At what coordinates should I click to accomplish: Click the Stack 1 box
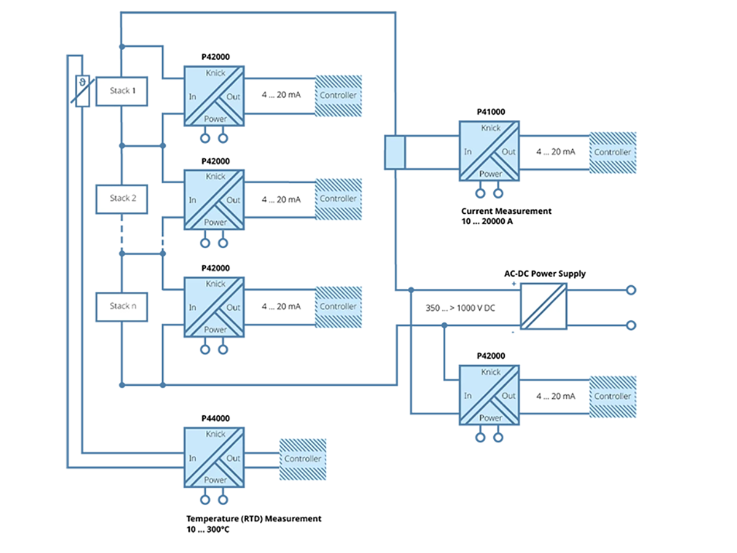pyautogui.click(x=121, y=91)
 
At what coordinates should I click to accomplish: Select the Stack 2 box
pyautogui.click(x=121, y=198)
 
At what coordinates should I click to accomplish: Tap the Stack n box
pyautogui.click(x=121, y=306)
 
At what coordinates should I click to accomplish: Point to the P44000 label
pyautogui.click(x=216, y=418)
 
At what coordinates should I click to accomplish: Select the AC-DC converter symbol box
pyautogui.click(x=544, y=307)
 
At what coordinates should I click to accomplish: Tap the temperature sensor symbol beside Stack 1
pyautogui.click(x=82, y=91)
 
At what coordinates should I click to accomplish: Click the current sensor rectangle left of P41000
pyautogui.click(x=394, y=152)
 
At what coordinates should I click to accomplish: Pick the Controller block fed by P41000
pyautogui.click(x=612, y=152)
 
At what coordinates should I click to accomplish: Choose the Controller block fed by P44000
pyautogui.click(x=302, y=458)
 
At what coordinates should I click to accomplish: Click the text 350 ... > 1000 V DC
pyautogui.click(x=460, y=308)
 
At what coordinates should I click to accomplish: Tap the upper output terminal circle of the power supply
pyautogui.click(x=630, y=290)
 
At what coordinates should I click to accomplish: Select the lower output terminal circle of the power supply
pyautogui.click(x=630, y=325)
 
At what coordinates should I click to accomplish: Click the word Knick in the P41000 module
pyautogui.click(x=491, y=128)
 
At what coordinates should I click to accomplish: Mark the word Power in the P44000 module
pyautogui.click(x=216, y=480)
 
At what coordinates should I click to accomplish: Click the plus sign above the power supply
pyautogui.click(x=514, y=283)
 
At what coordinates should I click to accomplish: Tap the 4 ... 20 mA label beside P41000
pyautogui.click(x=555, y=152)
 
